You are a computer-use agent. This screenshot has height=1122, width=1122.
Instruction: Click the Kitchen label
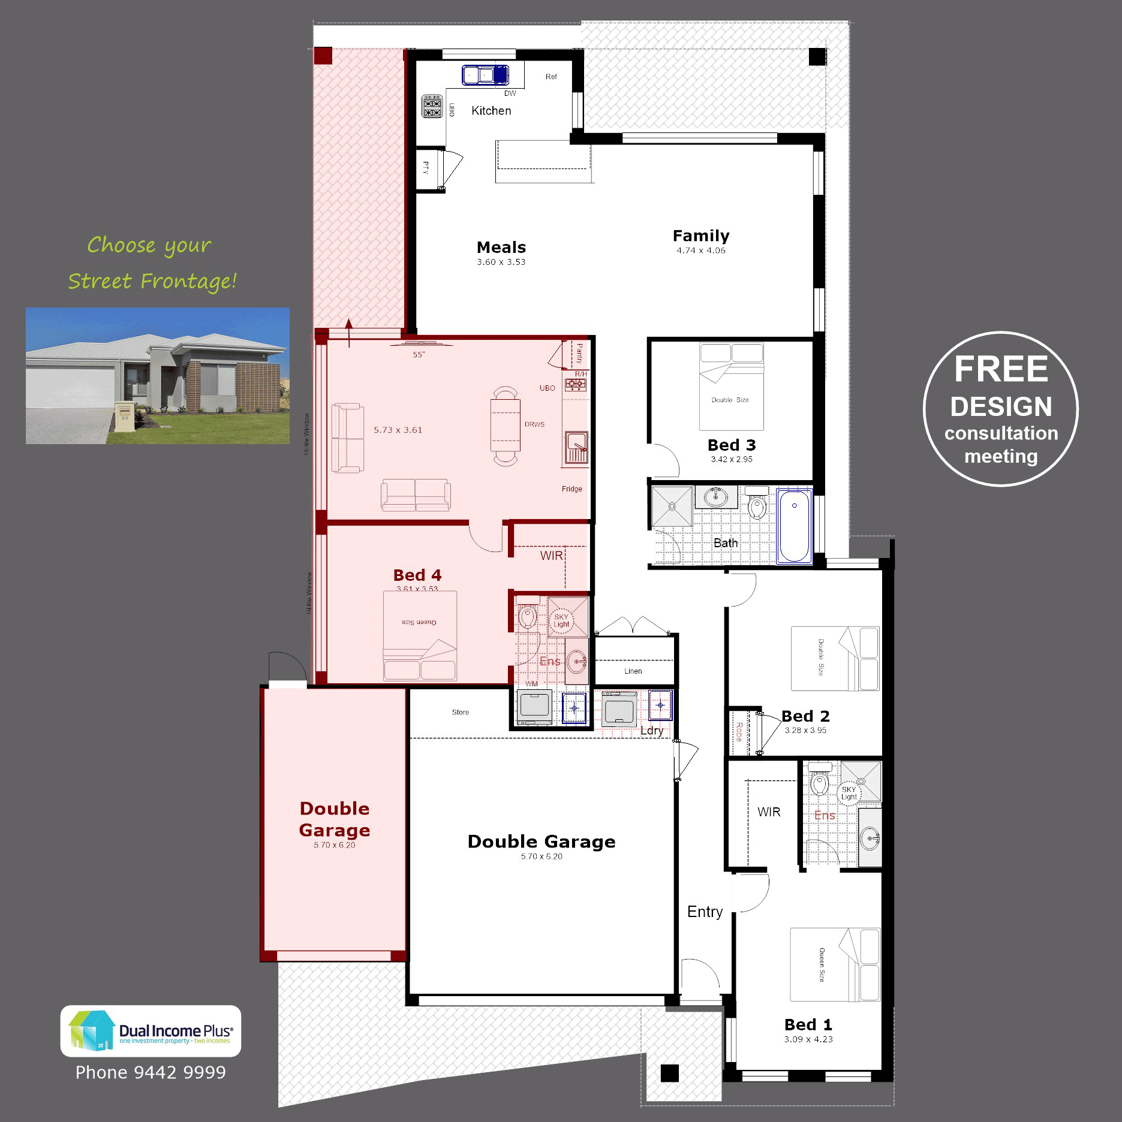point(491,111)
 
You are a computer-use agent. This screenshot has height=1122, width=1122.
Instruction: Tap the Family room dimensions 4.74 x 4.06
point(700,251)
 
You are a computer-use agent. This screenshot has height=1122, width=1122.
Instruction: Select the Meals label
point(501,247)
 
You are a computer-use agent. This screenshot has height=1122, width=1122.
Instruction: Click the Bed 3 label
point(732,445)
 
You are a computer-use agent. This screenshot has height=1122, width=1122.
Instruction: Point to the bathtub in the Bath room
point(794,526)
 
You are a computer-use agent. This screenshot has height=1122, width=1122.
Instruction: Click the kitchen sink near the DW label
point(485,75)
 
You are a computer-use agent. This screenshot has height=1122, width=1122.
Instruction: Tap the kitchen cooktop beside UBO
point(432,106)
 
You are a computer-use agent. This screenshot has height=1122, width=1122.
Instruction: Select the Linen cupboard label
point(633,671)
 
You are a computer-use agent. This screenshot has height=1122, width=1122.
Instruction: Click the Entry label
point(705,912)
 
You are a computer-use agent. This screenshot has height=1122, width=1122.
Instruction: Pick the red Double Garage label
point(335,819)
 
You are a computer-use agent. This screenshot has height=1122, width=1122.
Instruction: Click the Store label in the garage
point(461,713)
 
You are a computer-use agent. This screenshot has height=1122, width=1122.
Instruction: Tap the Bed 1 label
point(808,1024)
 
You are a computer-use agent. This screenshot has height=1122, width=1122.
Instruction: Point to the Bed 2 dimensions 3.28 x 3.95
point(805,730)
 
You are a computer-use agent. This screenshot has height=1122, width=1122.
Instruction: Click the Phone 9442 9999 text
point(151,1072)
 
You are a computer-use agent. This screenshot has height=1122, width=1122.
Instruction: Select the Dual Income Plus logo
point(151,1031)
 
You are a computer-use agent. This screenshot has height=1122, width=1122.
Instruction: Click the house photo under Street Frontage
point(158,376)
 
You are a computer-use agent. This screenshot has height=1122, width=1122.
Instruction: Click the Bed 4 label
point(417,575)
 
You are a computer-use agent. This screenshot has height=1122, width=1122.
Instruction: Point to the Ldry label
point(651,730)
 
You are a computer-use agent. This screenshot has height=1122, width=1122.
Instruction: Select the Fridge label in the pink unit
point(571,489)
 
